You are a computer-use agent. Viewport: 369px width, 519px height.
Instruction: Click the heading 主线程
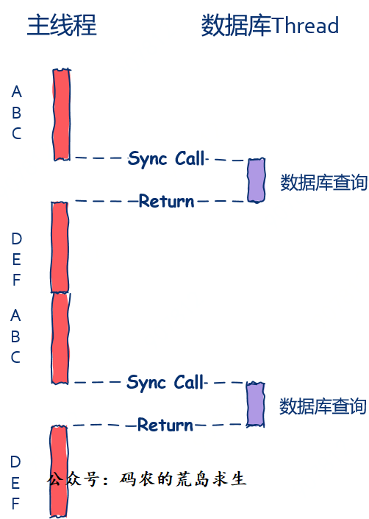[62, 25]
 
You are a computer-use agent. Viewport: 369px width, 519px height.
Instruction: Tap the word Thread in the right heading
[305, 25]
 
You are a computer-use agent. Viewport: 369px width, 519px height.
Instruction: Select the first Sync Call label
[166, 158]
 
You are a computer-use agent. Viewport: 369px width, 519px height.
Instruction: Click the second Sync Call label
[165, 383]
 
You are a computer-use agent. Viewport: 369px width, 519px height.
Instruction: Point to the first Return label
[166, 201]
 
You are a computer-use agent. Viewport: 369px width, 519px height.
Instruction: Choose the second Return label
[165, 425]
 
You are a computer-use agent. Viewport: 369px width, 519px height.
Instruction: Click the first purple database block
[257, 180]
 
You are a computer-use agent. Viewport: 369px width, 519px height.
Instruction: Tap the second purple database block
[255, 404]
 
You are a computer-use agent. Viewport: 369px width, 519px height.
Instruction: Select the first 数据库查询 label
[323, 183]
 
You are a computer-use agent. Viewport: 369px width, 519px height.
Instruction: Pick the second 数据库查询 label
[323, 406]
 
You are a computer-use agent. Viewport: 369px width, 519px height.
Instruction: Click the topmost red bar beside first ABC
[62, 115]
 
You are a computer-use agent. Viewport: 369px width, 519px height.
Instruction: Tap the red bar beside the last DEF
[59, 472]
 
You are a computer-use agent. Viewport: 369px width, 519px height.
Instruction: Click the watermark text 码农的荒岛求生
[183, 479]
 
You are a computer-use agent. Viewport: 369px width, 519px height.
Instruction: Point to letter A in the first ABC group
[16, 92]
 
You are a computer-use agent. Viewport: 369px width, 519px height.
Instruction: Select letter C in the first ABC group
[16, 134]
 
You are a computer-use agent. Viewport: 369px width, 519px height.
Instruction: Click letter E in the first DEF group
[16, 259]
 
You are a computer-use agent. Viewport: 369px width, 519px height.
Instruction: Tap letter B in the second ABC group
[15, 336]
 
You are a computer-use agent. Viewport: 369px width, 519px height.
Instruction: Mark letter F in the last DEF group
[15, 504]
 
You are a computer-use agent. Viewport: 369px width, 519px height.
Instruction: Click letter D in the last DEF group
[15, 462]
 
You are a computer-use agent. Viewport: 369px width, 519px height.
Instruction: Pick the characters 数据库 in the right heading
[237, 25]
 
